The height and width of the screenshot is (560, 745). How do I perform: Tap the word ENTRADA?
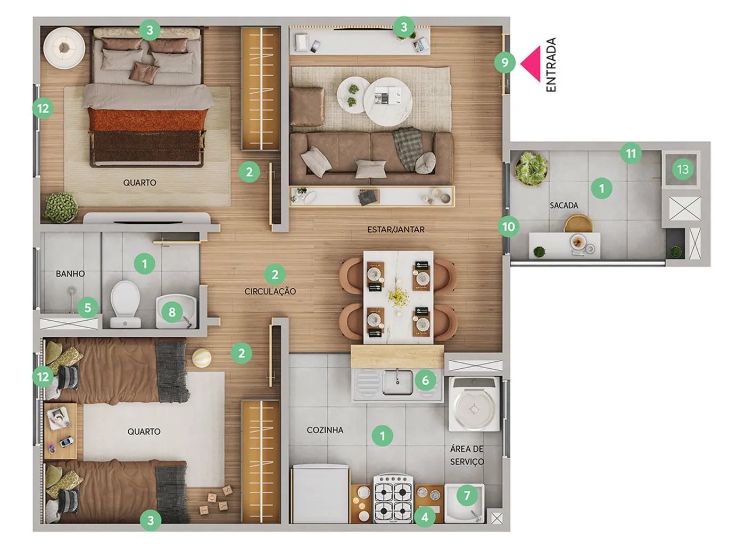[551, 64]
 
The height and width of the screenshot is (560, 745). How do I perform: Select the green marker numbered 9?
[504, 62]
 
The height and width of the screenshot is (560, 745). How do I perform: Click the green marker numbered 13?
[683, 169]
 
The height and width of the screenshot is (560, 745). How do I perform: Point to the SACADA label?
[564, 205]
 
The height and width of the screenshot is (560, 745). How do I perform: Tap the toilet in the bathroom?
[125, 304]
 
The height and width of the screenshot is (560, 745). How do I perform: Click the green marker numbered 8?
[172, 312]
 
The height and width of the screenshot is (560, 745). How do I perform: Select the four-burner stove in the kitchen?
[394, 499]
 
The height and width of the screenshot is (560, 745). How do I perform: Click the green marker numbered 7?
[467, 496]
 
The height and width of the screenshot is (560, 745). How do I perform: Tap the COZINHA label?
[325, 430]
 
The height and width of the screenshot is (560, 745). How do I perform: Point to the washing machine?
[474, 404]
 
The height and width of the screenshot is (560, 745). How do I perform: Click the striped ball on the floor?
[202, 358]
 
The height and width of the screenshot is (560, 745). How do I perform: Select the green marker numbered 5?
[88, 308]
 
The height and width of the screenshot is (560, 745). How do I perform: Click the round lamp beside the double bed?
[64, 48]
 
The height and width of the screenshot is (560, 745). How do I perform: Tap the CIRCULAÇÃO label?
[270, 291]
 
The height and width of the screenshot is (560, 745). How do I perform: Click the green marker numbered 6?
[426, 380]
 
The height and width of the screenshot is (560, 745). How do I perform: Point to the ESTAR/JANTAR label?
[396, 230]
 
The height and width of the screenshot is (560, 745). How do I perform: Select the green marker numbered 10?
[508, 226]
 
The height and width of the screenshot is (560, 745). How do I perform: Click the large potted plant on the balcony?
[531, 169]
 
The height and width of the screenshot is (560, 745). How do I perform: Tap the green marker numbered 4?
[425, 517]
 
